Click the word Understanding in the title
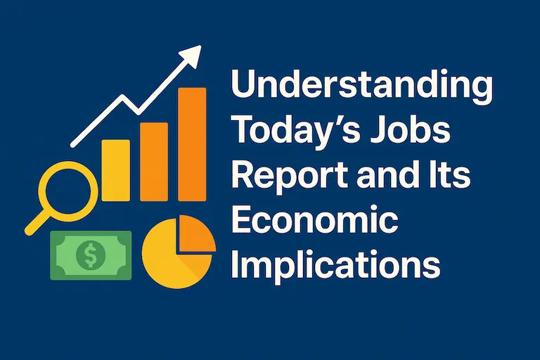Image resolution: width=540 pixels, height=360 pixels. [362, 86]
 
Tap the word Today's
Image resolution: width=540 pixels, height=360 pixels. [297, 131]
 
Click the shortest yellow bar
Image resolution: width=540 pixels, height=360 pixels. [116, 170]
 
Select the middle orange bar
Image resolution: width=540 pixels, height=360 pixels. [154, 162]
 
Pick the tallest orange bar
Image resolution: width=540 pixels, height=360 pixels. [192, 144]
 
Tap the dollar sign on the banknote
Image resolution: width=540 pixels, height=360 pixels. [91, 255]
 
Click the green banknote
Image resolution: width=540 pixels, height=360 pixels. [91, 255]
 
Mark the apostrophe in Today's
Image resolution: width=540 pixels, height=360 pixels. [333, 120]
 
